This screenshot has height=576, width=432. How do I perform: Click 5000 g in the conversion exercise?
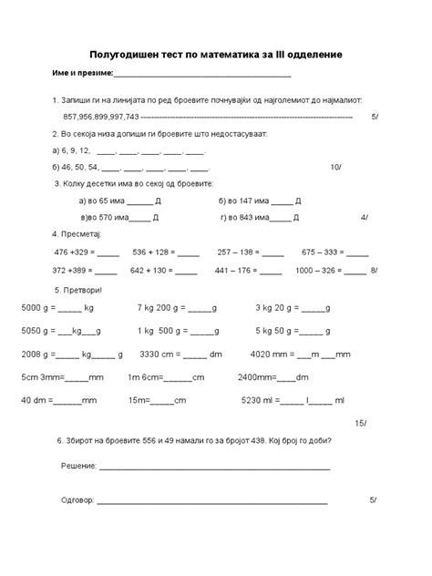pos(36,308)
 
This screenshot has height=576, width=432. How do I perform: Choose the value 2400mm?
pos(254,376)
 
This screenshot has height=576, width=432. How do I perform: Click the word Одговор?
pos(77,501)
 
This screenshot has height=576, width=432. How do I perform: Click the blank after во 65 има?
pos(139,200)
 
